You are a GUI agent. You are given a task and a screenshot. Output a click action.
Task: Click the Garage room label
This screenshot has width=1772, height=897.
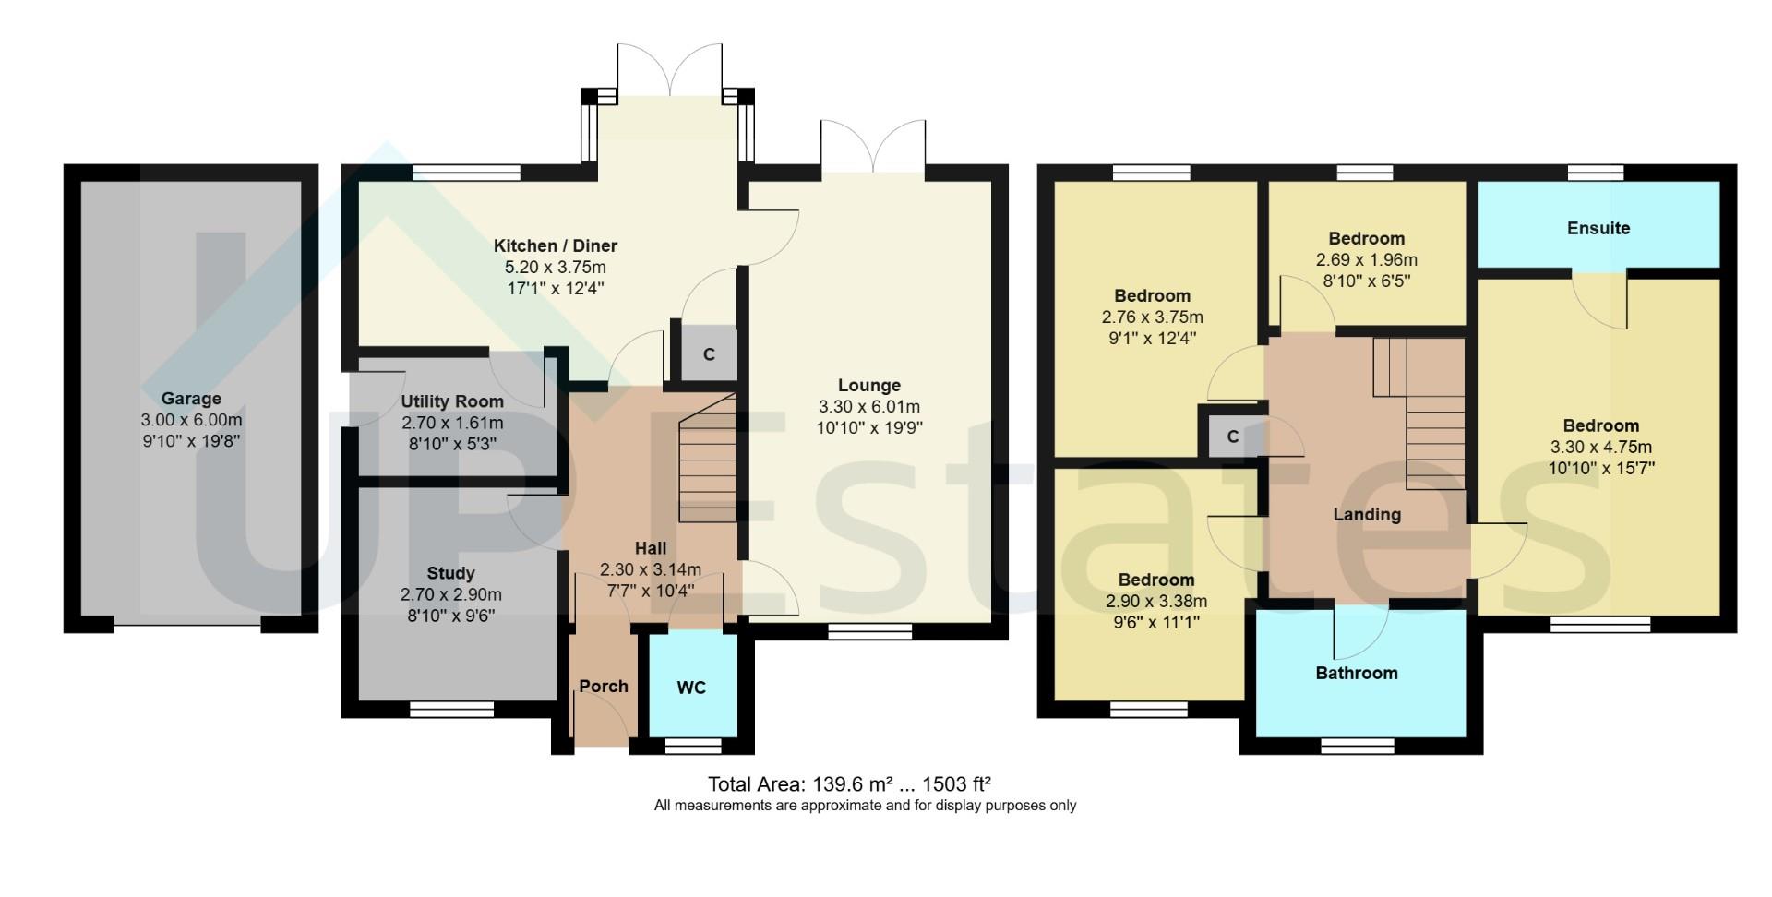point(191,399)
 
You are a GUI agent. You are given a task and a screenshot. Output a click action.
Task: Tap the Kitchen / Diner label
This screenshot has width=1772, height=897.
point(555,245)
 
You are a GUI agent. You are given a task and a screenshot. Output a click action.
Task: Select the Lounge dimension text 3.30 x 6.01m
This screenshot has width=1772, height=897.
point(868,407)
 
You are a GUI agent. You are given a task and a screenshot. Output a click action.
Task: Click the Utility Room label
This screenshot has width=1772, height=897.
point(452,401)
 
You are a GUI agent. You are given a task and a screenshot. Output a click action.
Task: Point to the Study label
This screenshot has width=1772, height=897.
point(450,573)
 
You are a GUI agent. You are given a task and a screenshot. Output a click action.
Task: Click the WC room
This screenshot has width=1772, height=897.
point(692,688)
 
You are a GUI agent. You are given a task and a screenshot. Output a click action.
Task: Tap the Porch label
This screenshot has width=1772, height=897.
point(604,687)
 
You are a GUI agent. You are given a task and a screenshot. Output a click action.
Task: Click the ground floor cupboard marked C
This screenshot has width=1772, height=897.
point(709,354)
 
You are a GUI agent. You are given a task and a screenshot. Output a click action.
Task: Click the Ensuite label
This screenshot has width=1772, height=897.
point(1598,228)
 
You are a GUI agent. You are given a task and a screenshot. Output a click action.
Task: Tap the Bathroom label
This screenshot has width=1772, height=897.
point(1356,673)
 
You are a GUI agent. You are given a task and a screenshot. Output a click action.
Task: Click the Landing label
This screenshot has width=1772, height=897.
point(1367,515)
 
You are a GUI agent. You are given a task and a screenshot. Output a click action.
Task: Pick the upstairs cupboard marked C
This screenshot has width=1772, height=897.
point(1232,437)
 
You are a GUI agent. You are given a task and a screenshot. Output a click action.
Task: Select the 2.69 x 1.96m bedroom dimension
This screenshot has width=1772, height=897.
point(1366,260)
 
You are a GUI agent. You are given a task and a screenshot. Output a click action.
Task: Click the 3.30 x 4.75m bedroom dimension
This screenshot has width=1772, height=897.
point(1600,448)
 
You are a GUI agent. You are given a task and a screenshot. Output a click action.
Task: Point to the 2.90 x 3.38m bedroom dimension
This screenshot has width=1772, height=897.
point(1156,602)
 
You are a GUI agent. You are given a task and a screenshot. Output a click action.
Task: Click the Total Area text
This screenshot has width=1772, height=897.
point(849,784)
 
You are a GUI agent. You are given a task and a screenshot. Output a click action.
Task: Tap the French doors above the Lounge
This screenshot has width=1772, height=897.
point(873,148)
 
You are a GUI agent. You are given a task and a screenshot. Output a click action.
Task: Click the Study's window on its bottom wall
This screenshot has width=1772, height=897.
point(451,709)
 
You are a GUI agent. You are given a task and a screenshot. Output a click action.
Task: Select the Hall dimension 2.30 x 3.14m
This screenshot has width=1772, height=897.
point(650,569)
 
